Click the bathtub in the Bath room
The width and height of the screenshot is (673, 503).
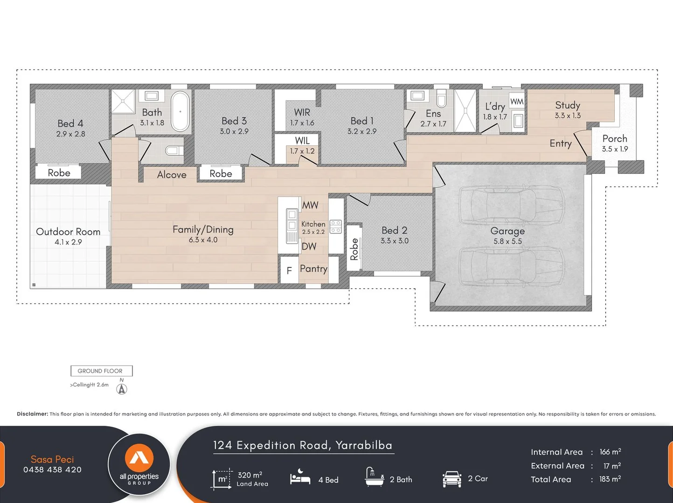coord(180,112)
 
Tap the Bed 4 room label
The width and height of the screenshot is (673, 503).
coord(70,123)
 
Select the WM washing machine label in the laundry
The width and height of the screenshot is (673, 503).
coord(517,102)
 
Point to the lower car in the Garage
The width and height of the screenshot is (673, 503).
coord(511,266)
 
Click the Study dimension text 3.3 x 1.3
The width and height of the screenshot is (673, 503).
coord(568,116)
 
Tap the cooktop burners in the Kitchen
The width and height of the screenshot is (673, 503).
coord(335,227)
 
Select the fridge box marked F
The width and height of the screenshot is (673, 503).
coord(289,270)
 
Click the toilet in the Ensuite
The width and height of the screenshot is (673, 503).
coord(441,98)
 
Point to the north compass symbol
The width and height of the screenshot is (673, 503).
coord(122,389)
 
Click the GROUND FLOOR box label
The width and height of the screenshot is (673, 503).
coord(101,371)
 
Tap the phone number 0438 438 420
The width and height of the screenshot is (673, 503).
coord(52,469)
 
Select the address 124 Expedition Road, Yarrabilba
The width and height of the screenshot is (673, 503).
coord(303,445)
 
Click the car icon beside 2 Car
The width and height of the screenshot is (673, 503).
coord(451,479)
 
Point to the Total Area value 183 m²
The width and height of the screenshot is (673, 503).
coord(610,479)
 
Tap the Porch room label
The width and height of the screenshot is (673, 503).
coord(614,138)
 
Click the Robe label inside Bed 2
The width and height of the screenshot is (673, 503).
coord(354,249)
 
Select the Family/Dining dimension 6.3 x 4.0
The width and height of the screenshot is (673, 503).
coord(203,240)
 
